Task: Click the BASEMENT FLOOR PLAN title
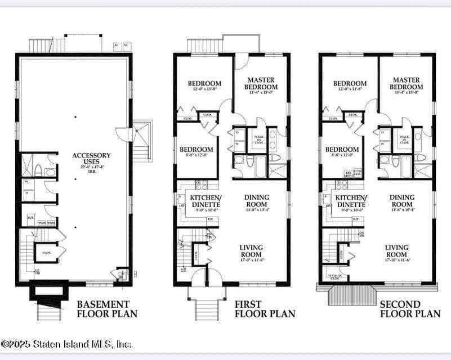click(x=106, y=309)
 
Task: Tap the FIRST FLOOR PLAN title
click(x=264, y=309)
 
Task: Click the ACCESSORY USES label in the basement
click(x=91, y=159)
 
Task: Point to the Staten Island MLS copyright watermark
click(x=66, y=344)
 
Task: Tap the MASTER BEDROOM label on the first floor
click(x=261, y=84)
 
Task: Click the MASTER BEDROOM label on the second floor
click(x=407, y=84)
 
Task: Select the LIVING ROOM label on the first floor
click(x=251, y=251)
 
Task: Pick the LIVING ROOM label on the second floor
click(x=396, y=251)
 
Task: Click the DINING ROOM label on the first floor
click(x=256, y=201)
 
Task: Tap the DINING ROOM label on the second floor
click(x=401, y=201)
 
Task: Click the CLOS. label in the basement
click(x=46, y=253)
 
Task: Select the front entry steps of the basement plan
click(x=49, y=311)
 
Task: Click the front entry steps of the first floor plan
click(x=207, y=309)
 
